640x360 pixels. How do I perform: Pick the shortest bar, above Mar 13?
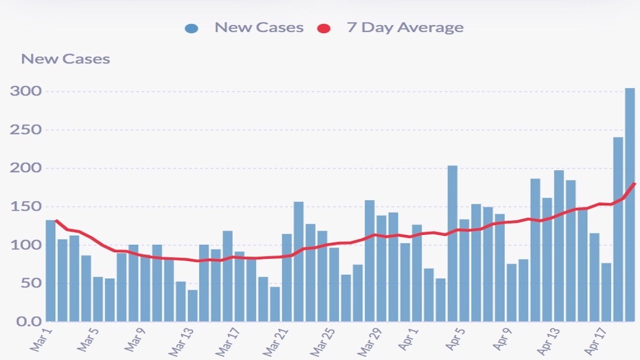(x=193, y=305)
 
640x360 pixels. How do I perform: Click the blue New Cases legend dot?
(x=191, y=28)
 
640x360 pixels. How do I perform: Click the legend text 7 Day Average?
(x=405, y=28)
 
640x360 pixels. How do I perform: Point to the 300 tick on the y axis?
(x=26, y=91)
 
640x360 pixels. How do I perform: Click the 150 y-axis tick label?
(x=26, y=207)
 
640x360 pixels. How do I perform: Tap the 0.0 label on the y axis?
(x=26, y=322)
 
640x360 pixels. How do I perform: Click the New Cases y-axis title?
(x=65, y=59)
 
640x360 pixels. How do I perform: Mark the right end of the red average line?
(x=635, y=183)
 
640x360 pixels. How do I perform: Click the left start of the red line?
(x=56, y=220)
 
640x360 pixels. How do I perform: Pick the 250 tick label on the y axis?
(x=26, y=130)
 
